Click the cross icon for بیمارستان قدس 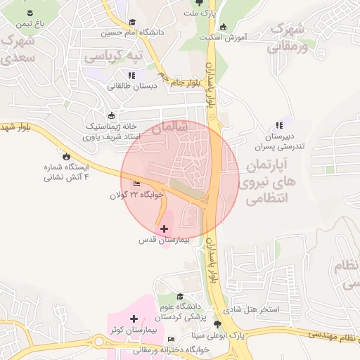point(165,229)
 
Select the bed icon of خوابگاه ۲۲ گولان point(136,184)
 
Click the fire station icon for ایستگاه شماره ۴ point(67,156)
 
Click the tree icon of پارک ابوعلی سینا point(217,324)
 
